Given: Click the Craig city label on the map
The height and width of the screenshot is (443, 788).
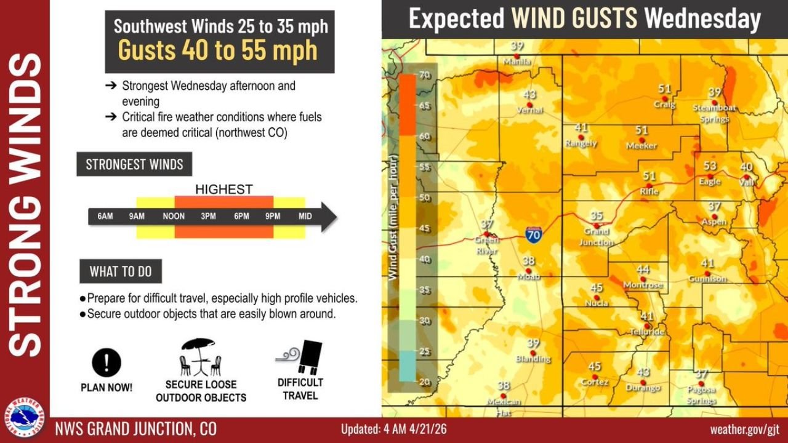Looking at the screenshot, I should (x=664, y=105).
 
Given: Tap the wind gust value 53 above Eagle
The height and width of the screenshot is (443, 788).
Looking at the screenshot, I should (x=710, y=166).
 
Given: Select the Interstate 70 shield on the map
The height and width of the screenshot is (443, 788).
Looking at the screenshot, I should (x=534, y=234).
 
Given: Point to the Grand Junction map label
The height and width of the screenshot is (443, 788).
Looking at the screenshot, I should (x=596, y=237).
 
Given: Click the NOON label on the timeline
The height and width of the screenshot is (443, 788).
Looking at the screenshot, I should (x=174, y=217).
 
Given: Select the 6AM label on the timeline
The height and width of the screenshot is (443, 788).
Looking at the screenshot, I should (x=105, y=217).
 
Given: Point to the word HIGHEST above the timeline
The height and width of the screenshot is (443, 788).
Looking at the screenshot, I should (x=223, y=190).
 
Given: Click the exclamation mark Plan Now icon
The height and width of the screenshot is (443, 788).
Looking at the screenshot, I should (x=107, y=362).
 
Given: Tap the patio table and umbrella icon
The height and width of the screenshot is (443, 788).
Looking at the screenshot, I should (x=200, y=357).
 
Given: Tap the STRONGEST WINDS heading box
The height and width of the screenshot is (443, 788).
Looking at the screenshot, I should (x=134, y=164).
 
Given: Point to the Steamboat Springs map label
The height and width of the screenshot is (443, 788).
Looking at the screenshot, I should (x=714, y=113).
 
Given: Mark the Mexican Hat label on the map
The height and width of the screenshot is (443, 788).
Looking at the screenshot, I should (x=504, y=405).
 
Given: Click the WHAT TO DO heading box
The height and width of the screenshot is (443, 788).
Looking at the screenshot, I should (x=121, y=271).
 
